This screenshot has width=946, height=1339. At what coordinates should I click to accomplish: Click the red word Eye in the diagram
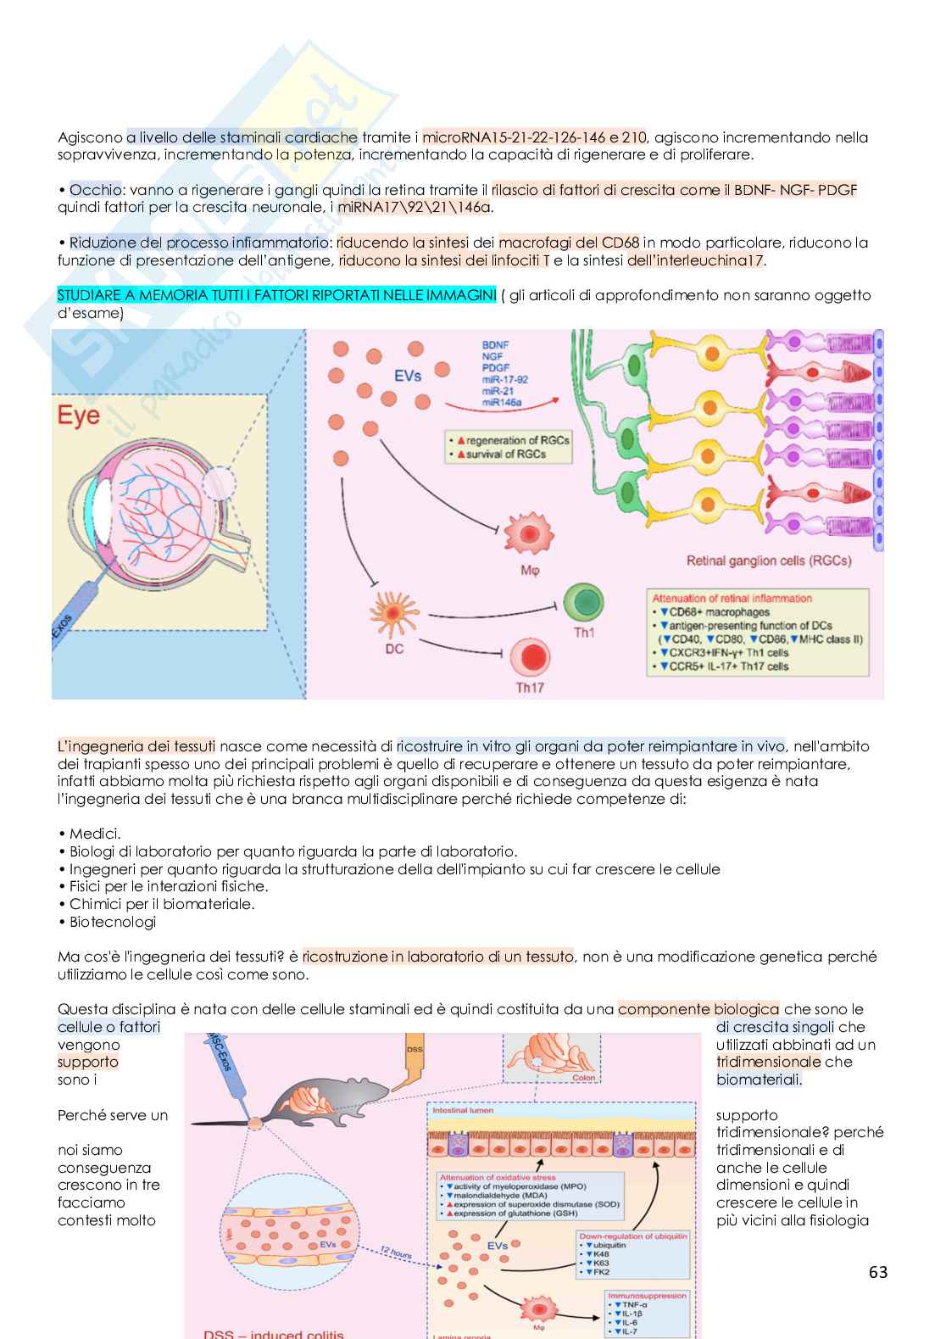78,416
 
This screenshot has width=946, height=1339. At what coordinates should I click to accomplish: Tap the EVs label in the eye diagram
408,376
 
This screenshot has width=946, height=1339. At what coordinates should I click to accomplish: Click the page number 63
878,1272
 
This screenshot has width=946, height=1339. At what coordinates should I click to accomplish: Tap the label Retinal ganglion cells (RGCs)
769,561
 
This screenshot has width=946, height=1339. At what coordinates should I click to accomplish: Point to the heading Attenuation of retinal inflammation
732,598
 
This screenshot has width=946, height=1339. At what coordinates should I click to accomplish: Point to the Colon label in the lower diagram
584,1078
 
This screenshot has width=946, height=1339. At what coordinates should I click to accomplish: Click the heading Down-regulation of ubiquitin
632,1236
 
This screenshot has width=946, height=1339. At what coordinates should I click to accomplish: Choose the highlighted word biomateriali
759,1080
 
